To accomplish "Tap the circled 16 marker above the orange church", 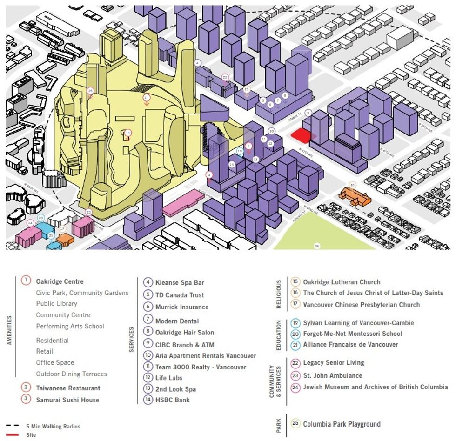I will (x=353, y=185).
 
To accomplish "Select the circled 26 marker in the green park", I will (x=317, y=246).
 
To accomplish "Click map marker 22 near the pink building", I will (x=225, y=77).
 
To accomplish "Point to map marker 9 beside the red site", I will (x=308, y=113).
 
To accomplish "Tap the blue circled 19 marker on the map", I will (x=240, y=151).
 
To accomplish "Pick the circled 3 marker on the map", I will (x=209, y=175).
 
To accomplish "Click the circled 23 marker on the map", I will (x=88, y=212).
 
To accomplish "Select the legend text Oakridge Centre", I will (x=60, y=281).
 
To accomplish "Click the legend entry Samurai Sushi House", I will (x=67, y=400).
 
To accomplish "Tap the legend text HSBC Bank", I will (x=172, y=400).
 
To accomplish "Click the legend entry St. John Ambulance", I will (x=332, y=375).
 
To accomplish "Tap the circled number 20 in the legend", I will (x=295, y=334).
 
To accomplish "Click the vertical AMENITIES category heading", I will (x=9, y=330).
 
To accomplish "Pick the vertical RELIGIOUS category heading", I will (x=279, y=294).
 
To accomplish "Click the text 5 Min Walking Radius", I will (x=53, y=426).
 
